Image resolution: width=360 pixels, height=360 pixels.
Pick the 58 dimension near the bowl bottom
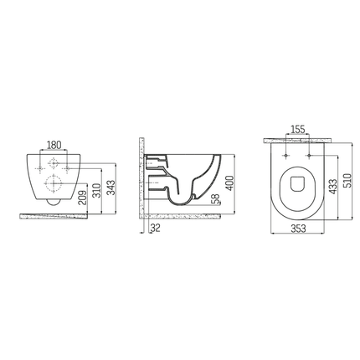click(x=217, y=200)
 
